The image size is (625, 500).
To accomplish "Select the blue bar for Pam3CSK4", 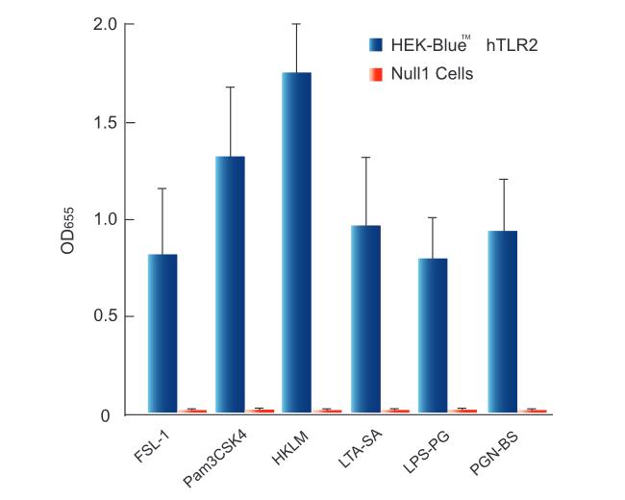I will (230, 284).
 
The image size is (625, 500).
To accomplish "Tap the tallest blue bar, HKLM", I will (296, 242).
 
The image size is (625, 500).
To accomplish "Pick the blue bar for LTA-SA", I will (365, 318).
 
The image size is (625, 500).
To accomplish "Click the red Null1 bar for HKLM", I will (332, 411).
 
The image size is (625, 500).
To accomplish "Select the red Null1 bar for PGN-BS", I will (536, 411).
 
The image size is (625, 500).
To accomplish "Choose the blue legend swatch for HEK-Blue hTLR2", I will (376, 44).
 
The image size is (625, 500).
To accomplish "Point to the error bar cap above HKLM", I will (296, 24).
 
